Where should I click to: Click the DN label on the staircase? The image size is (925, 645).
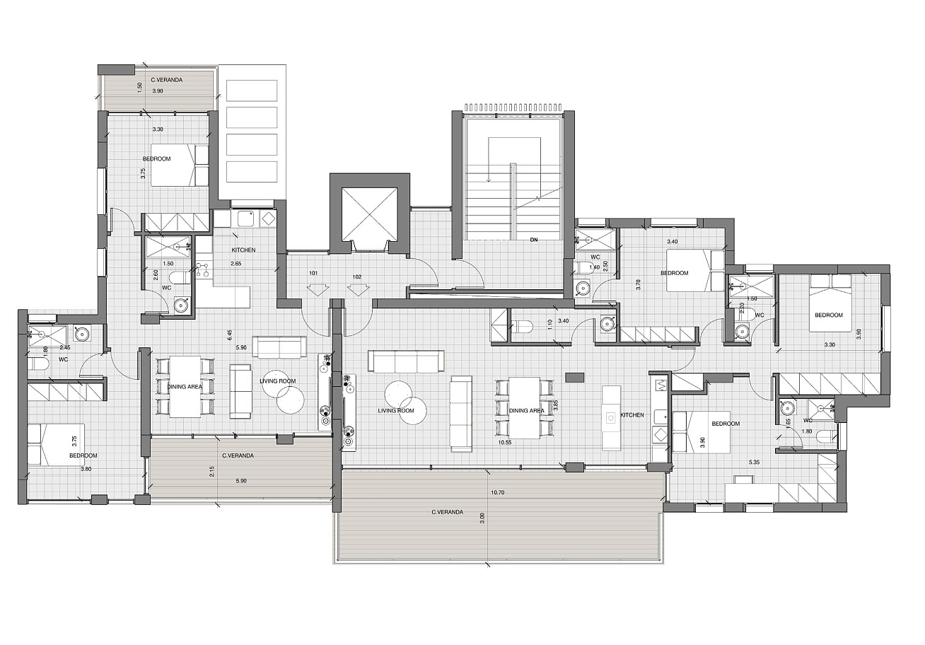tap(534, 240)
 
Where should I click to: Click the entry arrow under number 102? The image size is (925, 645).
tap(358, 290)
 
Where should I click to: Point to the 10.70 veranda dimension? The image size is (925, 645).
tap(498, 492)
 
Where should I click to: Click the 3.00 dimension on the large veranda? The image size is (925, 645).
tap(482, 518)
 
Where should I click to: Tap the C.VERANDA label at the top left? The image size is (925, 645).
tap(166, 80)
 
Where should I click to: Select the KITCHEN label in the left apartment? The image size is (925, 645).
tap(243, 250)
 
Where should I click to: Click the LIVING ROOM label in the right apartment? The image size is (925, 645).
tap(396, 410)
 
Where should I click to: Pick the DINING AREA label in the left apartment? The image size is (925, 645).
tap(185, 387)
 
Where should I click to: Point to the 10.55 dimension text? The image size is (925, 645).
tap(505, 442)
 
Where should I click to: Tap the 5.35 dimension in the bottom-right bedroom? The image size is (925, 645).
tap(754, 463)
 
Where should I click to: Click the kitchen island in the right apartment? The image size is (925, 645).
tap(611, 418)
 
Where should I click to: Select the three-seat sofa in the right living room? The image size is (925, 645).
tap(406, 361)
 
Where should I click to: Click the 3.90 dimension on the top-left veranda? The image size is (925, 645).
tap(158, 91)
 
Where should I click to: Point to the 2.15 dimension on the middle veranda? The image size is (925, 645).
tap(212, 472)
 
